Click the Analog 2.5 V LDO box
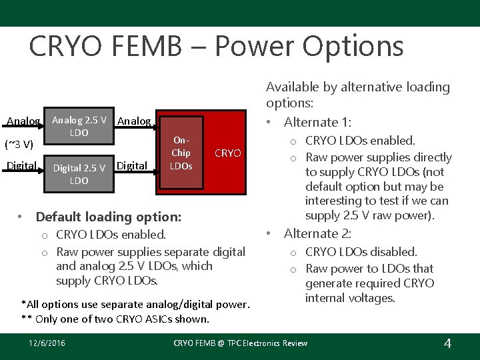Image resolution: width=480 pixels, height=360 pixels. [79, 127]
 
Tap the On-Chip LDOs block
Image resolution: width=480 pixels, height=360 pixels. [181, 153]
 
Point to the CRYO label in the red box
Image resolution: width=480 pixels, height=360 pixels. [228, 153]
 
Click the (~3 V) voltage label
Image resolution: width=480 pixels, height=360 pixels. [19, 143]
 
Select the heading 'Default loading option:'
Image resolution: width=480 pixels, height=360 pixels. [108, 217]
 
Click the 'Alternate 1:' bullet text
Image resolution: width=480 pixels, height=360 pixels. [319, 122]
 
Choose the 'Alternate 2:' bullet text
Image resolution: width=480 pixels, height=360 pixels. [319, 233]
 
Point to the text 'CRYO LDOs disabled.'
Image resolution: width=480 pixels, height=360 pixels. [361, 252]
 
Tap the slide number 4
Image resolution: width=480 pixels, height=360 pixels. [447, 343]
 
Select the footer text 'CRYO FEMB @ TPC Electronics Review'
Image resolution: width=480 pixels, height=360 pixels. [240, 343]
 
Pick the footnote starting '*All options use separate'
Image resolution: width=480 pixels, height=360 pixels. [135, 305]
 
